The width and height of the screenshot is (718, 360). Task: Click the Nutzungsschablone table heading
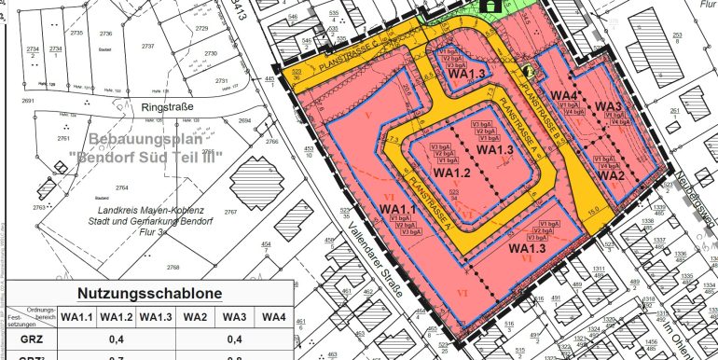click(x=149, y=293)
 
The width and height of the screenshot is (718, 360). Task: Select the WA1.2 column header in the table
click(x=117, y=317)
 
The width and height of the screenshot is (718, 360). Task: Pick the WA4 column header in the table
click(x=273, y=317)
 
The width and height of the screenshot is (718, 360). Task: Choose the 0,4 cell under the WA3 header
click(x=234, y=339)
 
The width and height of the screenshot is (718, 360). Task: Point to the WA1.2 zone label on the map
click(x=451, y=173)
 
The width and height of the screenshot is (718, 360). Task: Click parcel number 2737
click(x=146, y=45)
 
